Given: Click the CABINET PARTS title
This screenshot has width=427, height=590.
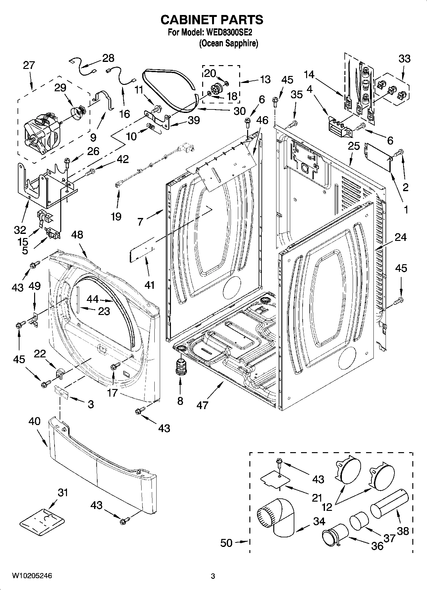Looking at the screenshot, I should [212, 20].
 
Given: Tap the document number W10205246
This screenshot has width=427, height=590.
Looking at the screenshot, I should [32, 576].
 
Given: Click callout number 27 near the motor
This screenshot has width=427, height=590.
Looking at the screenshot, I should [29, 65].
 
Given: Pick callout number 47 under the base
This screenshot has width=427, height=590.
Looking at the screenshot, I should [202, 405].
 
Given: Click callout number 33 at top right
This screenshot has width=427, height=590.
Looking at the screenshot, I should [404, 59].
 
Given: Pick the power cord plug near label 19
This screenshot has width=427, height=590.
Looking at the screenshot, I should [188, 147].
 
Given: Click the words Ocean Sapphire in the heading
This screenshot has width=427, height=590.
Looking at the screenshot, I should [228, 43].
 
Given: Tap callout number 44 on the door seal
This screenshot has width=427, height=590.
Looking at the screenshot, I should [92, 299].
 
